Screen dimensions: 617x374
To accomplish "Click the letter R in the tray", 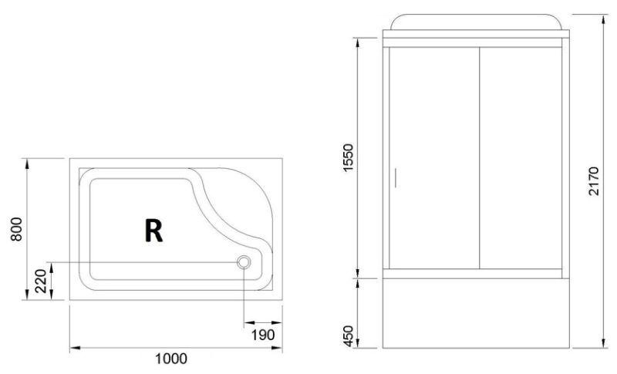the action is pos(153,231).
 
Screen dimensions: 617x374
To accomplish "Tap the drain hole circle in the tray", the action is pos(244,262).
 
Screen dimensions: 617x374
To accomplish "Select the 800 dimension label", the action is pos(16,229).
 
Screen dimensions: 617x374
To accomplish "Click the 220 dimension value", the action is pos(41,281).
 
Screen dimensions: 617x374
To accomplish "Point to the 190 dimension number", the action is pos(263,335).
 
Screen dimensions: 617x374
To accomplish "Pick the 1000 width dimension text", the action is pos(171,359).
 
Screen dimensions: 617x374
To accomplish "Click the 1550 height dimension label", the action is pos(349,158).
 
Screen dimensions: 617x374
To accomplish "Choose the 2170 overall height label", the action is pos(594,181).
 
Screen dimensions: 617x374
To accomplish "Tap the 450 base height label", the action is pos(349,336).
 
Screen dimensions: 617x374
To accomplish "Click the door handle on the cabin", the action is pos(395,178).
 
